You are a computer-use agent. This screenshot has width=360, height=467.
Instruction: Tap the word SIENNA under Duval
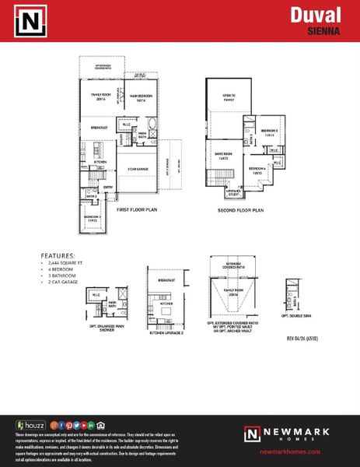click(x=326, y=32)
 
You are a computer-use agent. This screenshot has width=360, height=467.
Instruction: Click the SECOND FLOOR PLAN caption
click(x=243, y=210)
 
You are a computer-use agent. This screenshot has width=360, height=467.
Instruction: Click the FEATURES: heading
click(x=58, y=255)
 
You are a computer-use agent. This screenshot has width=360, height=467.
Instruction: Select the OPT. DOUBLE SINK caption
click(x=296, y=317)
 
